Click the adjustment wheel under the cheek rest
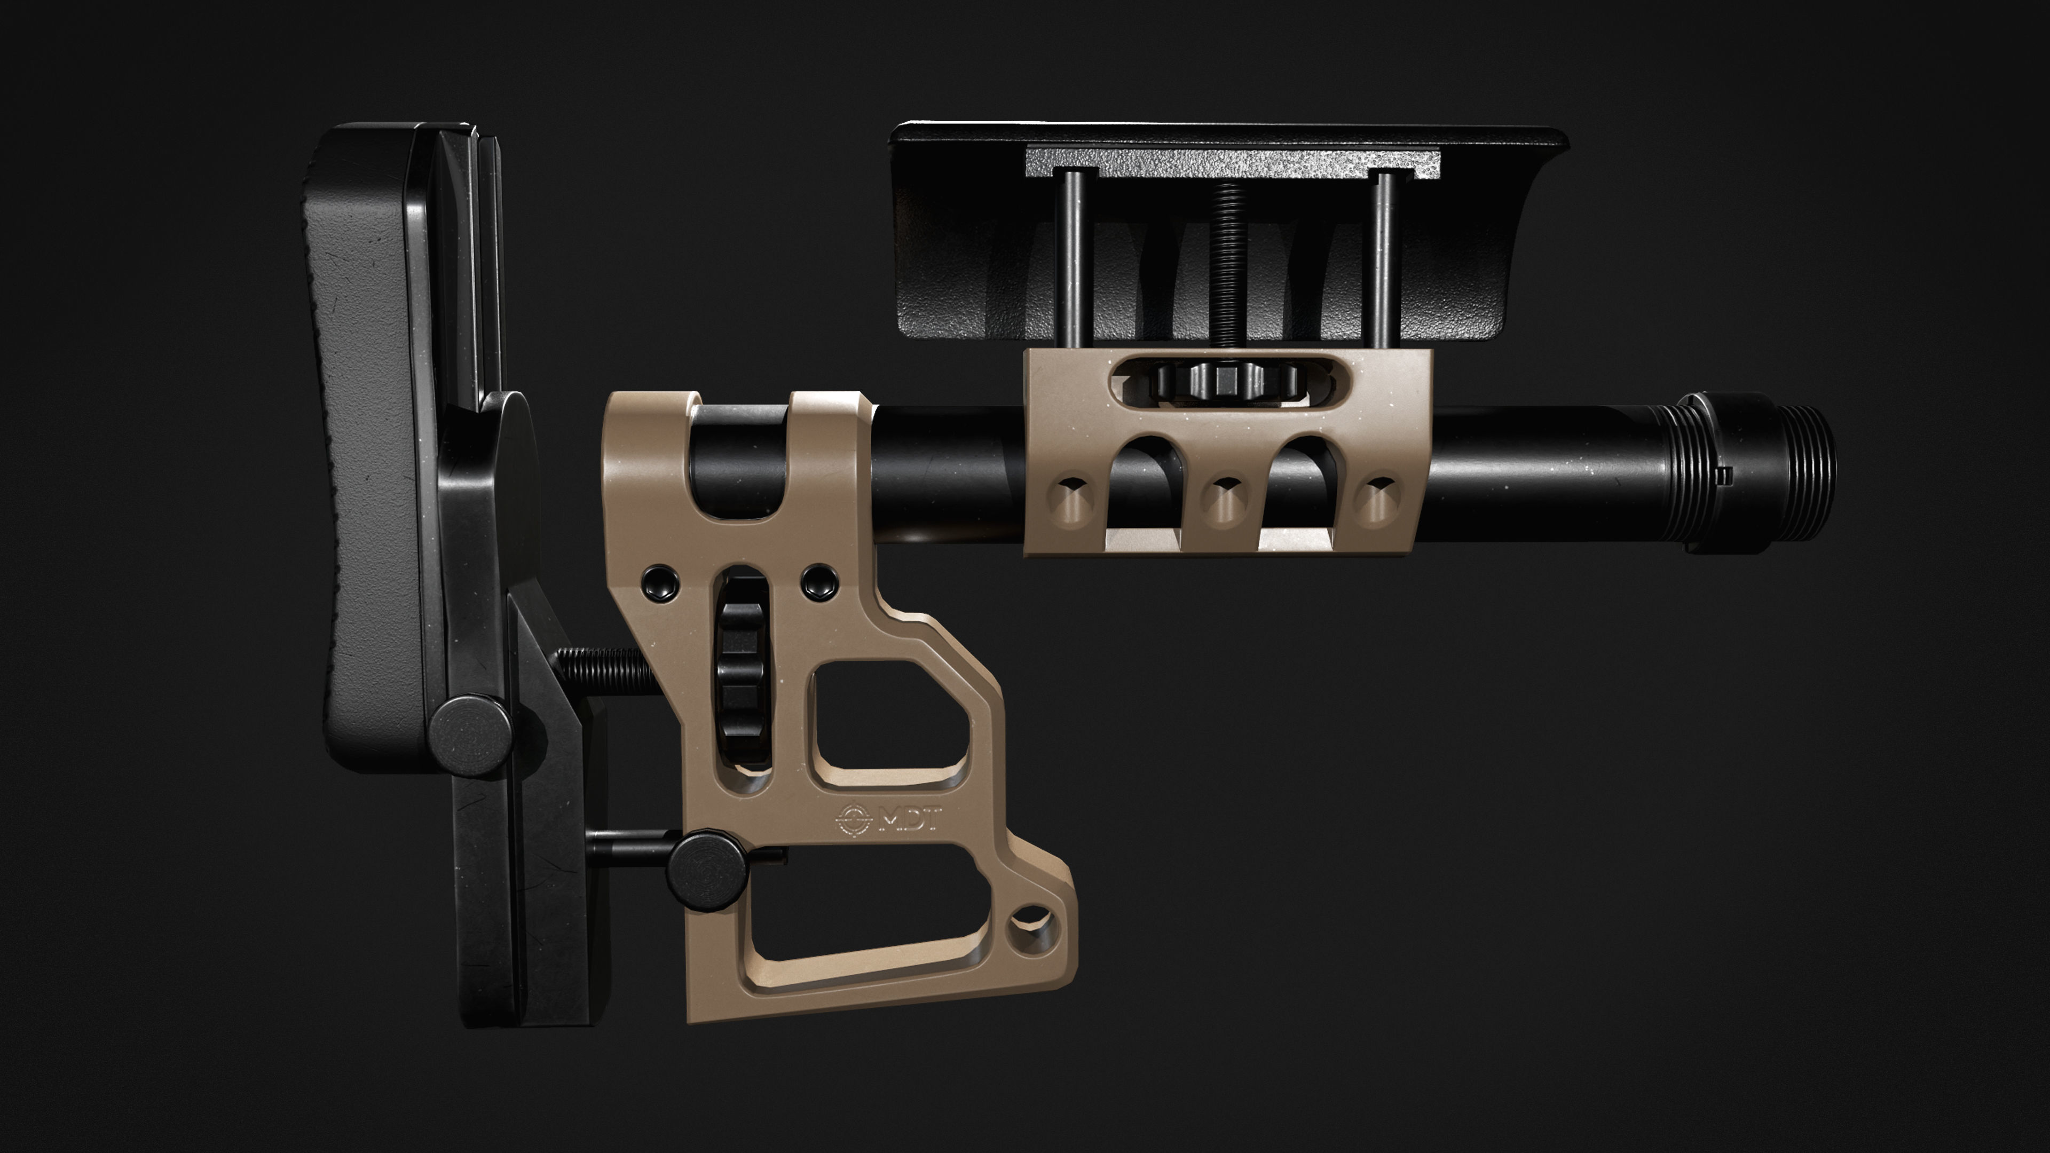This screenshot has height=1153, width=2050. click(x=1226, y=383)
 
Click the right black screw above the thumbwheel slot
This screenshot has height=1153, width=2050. click(x=819, y=583)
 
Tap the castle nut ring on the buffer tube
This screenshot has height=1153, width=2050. click(x=1703, y=473)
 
